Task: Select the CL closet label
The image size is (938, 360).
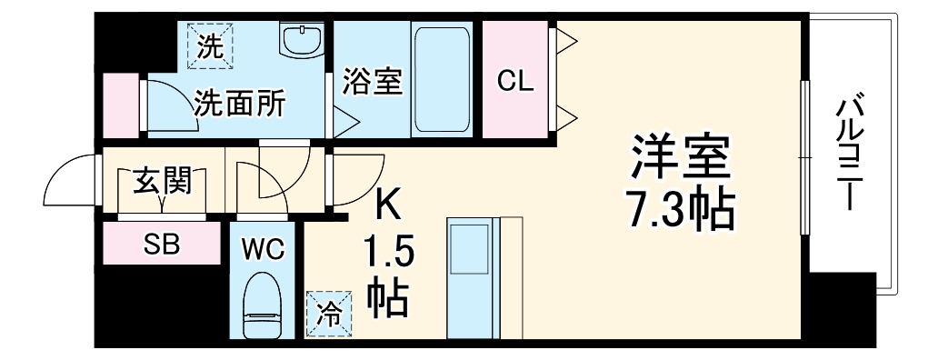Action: tap(514, 82)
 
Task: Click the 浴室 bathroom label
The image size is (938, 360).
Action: tap(372, 82)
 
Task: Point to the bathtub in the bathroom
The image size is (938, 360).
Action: tap(441, 79)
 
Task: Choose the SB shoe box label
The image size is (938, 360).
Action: tap(163, 243)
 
